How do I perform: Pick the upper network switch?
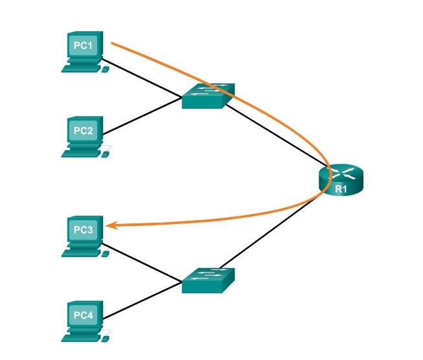click(207, 96)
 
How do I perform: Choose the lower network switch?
click(207, 281)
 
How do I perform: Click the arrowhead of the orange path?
click(111, 225)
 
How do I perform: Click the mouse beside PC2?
click(106, 153)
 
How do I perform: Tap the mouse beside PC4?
click(106, 337)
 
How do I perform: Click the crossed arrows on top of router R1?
click(341, 173)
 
